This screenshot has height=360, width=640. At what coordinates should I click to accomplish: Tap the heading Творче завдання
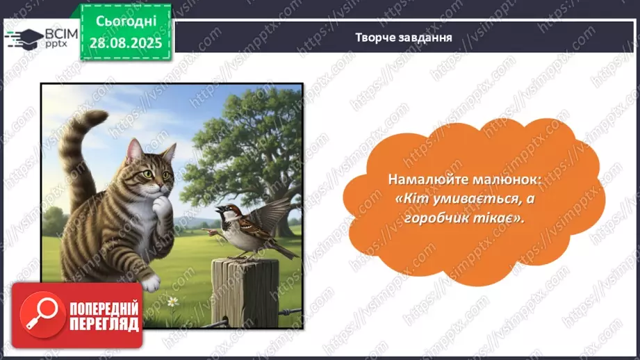pyautogui.click(x=404, y=38)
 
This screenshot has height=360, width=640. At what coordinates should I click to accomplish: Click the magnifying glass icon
pyautogui.click(x=37, y=315)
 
